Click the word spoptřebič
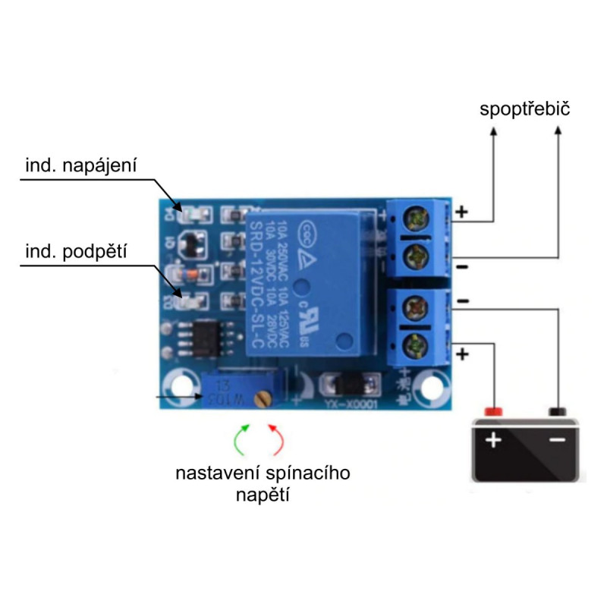click(x=525, y=109)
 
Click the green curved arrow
click(x=242, y=439)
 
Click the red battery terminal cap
click(x=494, y=410)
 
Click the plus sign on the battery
click(x=494, y=439)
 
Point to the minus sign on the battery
click(x=558, y=439)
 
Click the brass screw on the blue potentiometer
click(x=263, y=395)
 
